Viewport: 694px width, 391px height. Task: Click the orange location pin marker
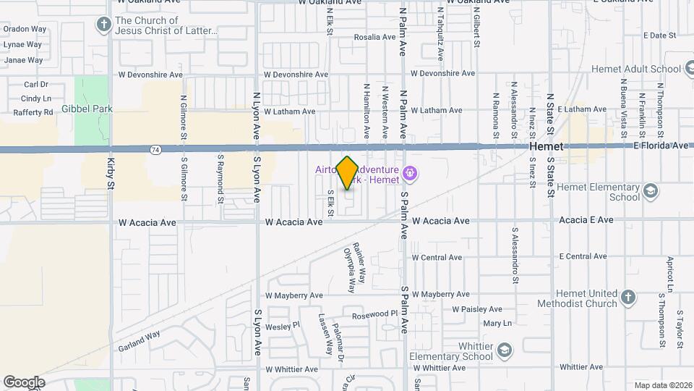(x=348, y=172)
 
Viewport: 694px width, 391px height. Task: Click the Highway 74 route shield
(x=155, y=149)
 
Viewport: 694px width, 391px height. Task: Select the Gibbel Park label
(x=87, y=109)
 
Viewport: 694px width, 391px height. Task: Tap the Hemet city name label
(x=547, y=146)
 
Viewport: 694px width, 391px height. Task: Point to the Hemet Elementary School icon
(x=650, y=192)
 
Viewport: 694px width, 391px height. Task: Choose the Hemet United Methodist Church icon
(x=628, y=298)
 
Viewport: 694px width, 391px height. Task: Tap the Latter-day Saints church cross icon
(x=104, y=25)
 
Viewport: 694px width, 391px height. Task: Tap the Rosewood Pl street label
(x=374, y=314)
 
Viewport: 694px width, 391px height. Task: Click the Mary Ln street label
(x=497, y=323)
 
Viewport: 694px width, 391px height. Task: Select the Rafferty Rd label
(x=33, y=112)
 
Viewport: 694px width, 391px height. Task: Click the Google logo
(x=24, y=382)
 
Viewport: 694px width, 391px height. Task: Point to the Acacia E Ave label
(x=586, y=220)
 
